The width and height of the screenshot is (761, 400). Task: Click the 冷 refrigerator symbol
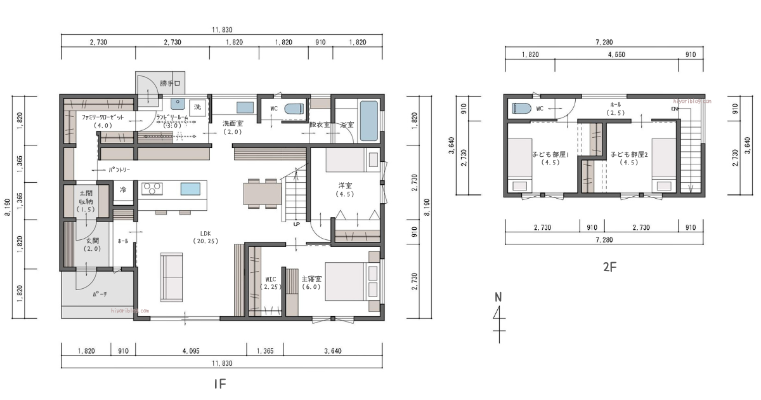pyautogui.click(x=122, y=189)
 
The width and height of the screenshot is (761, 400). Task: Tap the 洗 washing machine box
pyautogui.click(x=197, y=106)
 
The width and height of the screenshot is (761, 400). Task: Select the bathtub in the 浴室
pyautogui.click(x=368, y=121)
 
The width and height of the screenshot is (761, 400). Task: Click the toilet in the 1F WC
pyautogui.click(x=294, y=109)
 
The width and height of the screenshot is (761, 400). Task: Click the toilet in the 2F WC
pyautogui.click(x=521, y=108)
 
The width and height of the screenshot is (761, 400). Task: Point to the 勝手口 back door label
pyautogui.click(x=170, y=83)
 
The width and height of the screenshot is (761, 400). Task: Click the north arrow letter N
pyautogui.click(x=498, y=297)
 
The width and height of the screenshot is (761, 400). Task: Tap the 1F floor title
pyautogui.click(x=219, y=383)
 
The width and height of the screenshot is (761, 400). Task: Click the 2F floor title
pyautogui.click(x=609, y=267)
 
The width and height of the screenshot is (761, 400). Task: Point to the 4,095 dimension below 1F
pyautogui.click(x=192, y=350)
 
